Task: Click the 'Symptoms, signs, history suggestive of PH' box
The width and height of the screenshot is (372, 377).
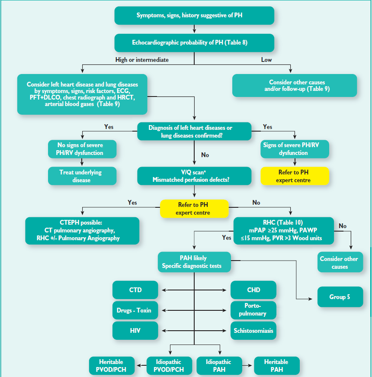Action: tap(194, 16)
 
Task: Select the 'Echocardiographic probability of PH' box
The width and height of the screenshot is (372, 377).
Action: tap(194, 43)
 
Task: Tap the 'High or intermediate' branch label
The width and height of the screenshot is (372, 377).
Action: tap(142, 60)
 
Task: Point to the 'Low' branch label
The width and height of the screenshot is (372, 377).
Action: tap(266, 60)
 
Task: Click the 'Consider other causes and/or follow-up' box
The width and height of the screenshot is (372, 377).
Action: tap(295, 86)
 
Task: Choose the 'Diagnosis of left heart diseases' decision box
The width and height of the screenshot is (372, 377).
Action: tap(194, 131)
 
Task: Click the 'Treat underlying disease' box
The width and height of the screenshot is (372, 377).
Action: tap(82, 176)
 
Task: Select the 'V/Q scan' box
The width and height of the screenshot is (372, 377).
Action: tap(194, 176)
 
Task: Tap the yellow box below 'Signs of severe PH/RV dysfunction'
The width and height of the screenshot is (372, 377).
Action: tap(295, 176)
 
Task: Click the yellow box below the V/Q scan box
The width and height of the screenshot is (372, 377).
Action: tap(194, 209)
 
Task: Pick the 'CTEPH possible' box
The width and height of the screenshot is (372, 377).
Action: tap(82, 231)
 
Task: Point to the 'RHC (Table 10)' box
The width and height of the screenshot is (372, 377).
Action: tap(284, 231)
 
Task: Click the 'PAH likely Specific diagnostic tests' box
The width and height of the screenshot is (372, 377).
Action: tap(194, 262)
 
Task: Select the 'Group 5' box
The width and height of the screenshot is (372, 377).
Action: tap(340, 296)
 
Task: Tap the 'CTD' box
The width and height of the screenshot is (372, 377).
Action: tap(135, 290)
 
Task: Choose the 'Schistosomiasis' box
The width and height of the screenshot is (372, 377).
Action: tap(253, 331)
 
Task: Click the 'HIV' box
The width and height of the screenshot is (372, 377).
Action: tap(135, 331)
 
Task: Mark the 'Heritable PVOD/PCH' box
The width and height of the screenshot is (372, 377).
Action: tap(112, 366)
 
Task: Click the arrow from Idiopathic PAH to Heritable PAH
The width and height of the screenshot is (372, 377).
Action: tap(247, 366)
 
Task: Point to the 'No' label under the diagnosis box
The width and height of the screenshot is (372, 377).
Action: tap(205, 155)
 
